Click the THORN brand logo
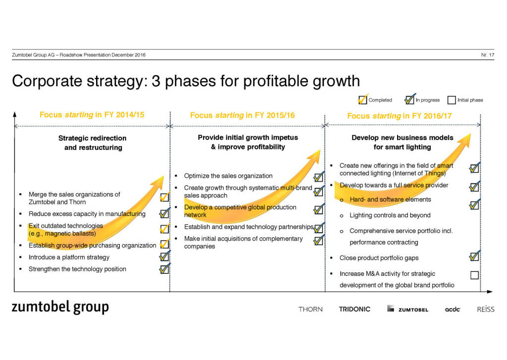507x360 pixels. pos(310,309)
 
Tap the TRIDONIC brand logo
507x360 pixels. pos(355,309)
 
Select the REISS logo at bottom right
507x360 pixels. pos(485,309)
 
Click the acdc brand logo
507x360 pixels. pos(453,309)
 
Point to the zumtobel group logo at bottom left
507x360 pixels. pos(60,307)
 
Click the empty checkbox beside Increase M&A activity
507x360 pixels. pos(474,275)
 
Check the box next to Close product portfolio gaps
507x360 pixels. pos(474,257)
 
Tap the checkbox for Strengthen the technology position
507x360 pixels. pos(164,269)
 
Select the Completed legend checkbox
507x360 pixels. pos(363,100)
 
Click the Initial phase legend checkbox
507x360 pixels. pos(451,100)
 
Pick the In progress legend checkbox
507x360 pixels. pos(409,100)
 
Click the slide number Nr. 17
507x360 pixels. pos(488,54)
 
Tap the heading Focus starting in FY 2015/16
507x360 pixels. pos(242,115)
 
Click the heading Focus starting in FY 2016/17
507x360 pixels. pos(399,116)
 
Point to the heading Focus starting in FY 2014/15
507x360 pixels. pos(92,115)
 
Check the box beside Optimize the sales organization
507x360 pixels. pos(318,177)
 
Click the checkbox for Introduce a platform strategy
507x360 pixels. pos(164,257)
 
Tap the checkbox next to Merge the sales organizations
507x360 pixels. pos(164,198)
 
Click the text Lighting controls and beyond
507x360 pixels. pos(390,215)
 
